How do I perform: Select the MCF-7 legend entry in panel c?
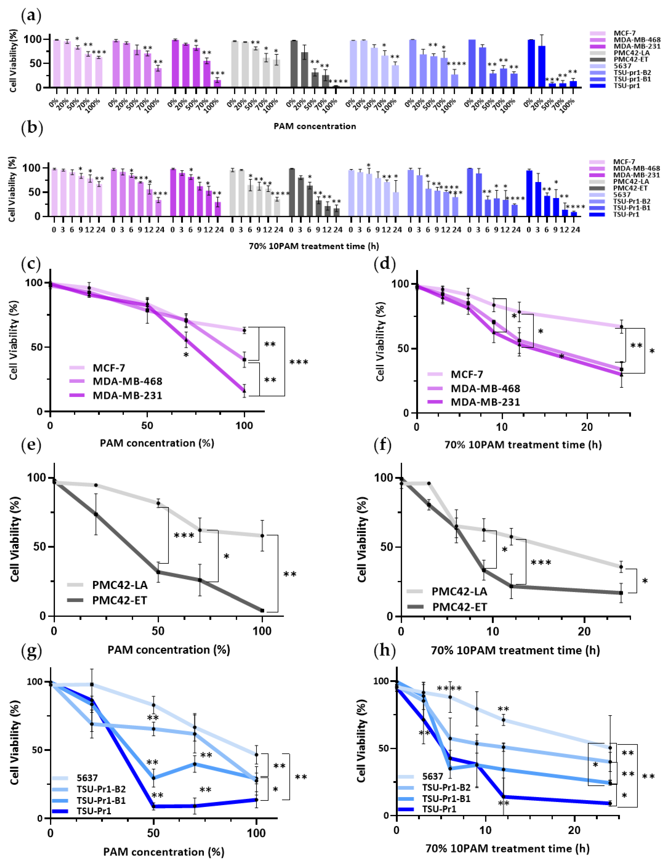pos(109,368)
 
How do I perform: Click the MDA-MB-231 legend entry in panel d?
pos(485,402)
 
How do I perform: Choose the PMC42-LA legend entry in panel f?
pos(459,591)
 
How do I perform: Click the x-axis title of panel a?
pos(315,126)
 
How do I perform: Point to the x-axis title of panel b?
pos(314,246)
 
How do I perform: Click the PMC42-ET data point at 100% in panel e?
pos(262,610)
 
